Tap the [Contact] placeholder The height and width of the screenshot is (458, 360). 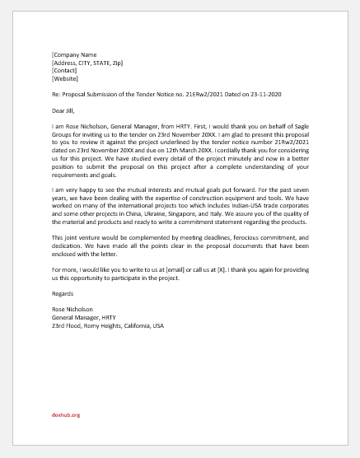click(x=64, y=70)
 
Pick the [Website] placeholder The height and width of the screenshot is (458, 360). click(x=65, y=78)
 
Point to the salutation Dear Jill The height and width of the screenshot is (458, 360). click(x=63, y=110)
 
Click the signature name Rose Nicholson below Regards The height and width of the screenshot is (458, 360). click(x=72, y=309)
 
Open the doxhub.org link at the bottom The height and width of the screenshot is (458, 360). click(x=65, y=415)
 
